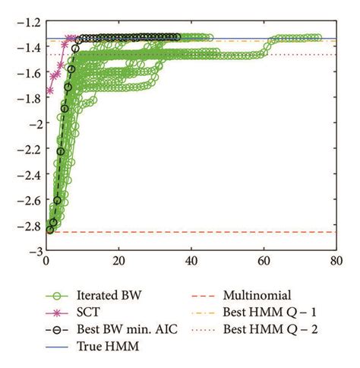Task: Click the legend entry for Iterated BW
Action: click(103, 296)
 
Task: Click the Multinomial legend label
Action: click(257, 296)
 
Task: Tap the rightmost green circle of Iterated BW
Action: click(317, 37)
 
